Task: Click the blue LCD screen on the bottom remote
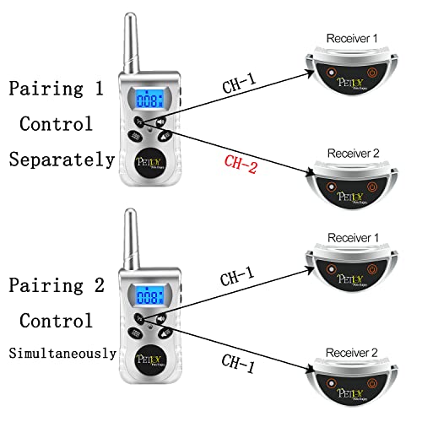[151, 296]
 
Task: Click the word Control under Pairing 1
[56, 124]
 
